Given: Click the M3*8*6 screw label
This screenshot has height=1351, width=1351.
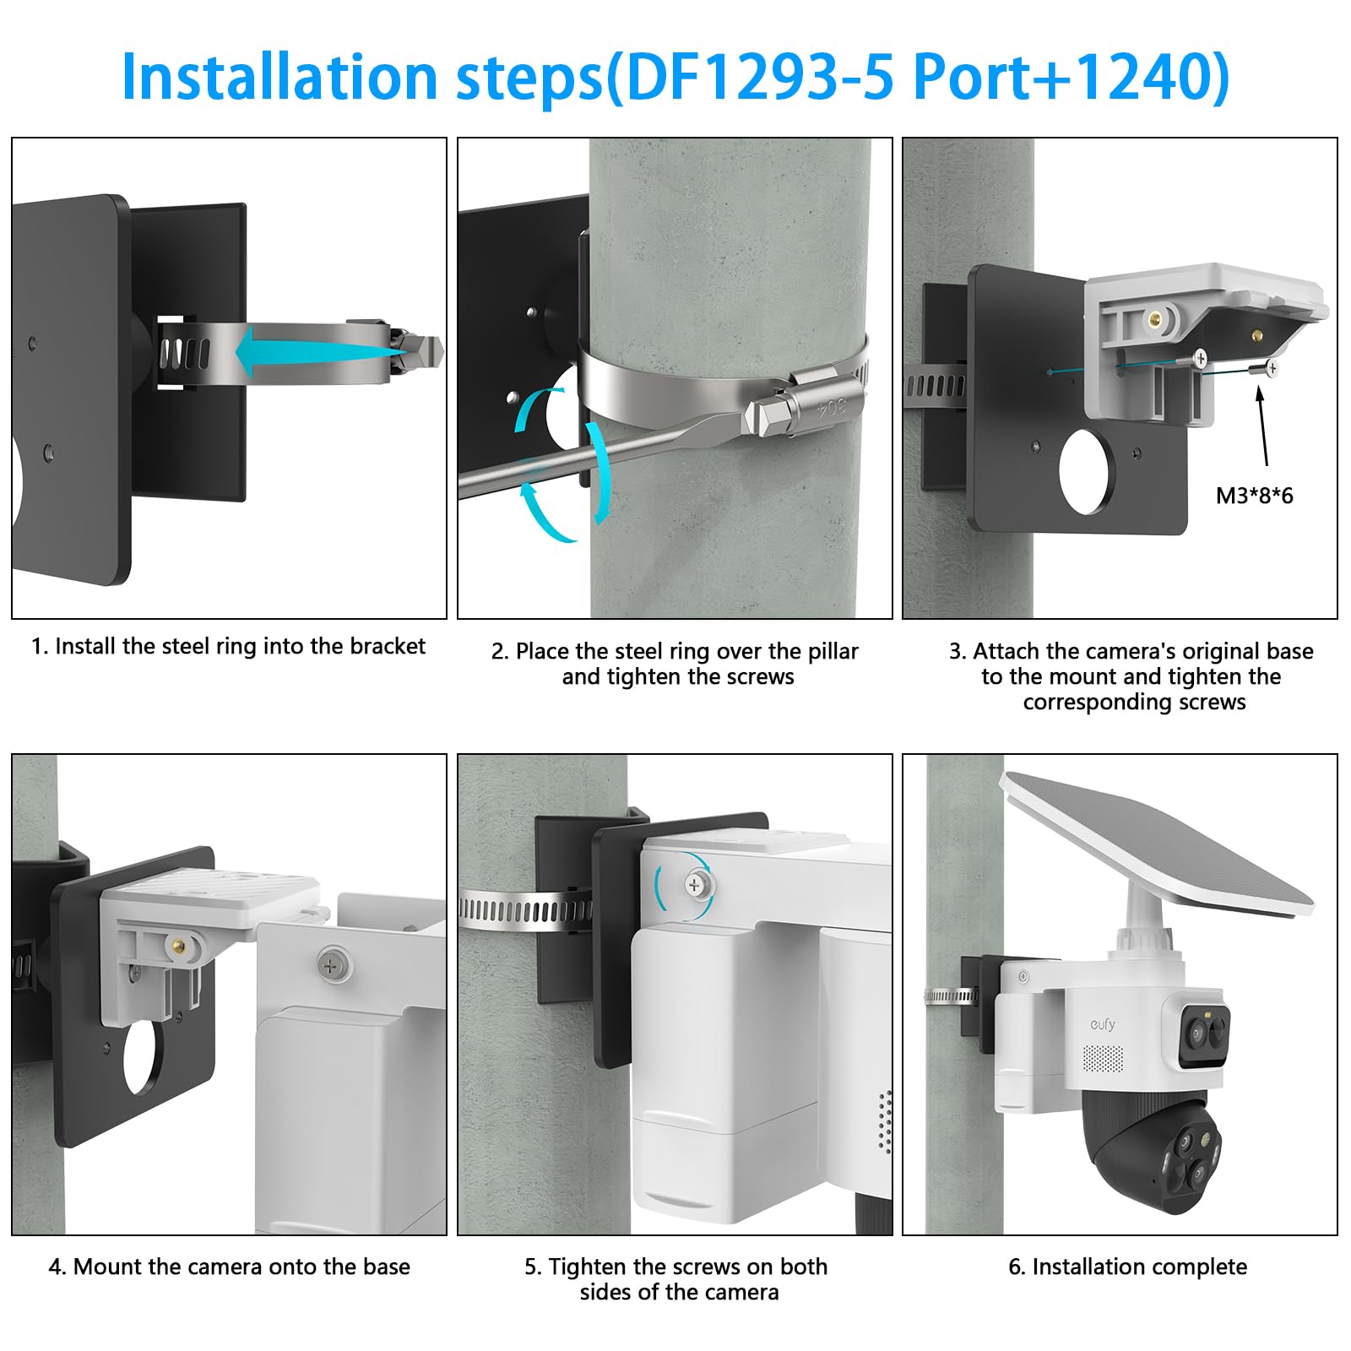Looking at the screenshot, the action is coord(1254,496).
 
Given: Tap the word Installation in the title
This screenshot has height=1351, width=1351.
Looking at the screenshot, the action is coord(279,78).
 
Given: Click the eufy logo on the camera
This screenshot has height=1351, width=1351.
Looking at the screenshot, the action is coord(1102,1024).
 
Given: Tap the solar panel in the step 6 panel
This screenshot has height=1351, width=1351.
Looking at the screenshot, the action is coord(1157,844).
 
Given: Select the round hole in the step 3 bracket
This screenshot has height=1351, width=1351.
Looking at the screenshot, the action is coord(1088,472).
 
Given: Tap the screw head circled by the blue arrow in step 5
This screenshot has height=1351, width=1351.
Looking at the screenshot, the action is coord(695,885).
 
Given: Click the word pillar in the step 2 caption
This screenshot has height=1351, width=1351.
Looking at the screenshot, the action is coord(833,652).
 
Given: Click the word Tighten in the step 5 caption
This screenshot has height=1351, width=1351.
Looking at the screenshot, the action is coord(588,1267).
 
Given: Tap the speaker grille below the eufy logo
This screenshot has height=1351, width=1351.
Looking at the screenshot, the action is coord(1104,1059).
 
